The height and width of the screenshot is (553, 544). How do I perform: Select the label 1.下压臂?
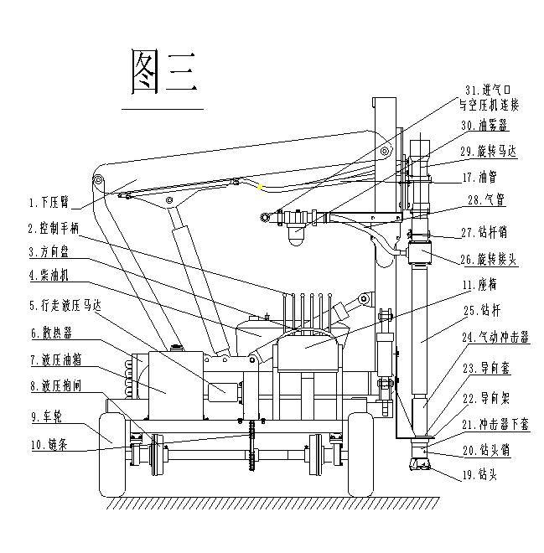click(x=49, y=202)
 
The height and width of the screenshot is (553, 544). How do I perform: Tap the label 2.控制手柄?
click(x=54, y=227)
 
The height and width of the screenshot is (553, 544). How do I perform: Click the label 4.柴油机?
click(x=49, y=275)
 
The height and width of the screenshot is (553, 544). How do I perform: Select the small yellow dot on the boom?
click(x=262, y=187)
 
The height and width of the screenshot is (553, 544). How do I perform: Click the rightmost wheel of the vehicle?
click(x=361, y=452)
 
